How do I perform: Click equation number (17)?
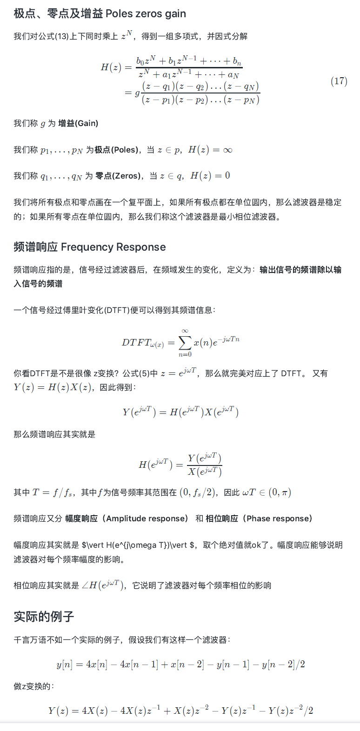click(x=339, y=81)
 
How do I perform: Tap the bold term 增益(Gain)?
click(x=78, y=123)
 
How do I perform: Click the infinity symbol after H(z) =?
click(x=227, y=150)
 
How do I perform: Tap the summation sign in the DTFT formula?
click(x=185, y=343)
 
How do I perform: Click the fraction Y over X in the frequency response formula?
click(x=204, y=465)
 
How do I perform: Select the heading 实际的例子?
click(x=44, y=617)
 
